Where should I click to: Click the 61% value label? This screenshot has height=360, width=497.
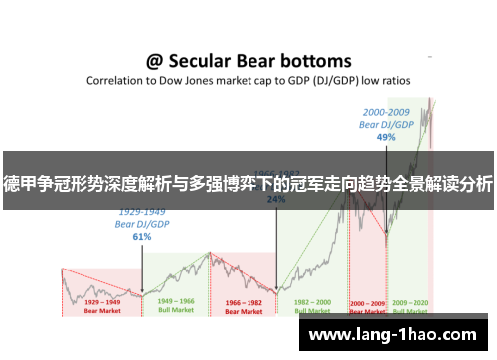click(x=142, y=237)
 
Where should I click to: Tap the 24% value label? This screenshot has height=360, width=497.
click(x=276, y=199)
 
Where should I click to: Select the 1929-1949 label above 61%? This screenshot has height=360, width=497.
click(x=142, y=213)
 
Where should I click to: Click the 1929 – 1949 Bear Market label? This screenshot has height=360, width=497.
click(x=101, y=305)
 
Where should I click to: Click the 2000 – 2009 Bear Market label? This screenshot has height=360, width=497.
click(x=367, y=305)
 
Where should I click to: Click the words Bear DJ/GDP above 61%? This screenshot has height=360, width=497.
click(x=142, y=225)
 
